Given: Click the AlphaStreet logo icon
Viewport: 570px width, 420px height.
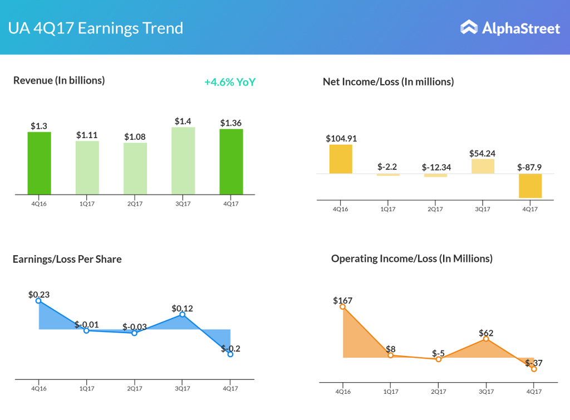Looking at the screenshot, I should point(469,27).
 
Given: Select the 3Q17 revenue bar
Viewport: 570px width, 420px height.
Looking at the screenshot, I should point(183,161).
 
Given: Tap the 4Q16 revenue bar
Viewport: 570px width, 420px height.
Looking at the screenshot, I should point(39,163).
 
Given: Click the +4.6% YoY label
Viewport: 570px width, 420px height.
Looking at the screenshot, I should point(230,82).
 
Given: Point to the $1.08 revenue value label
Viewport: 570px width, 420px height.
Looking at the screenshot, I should point(135,136).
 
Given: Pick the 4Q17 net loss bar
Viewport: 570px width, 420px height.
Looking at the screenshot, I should point(530,185).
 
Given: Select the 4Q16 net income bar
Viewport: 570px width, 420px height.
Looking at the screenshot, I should point(341,159).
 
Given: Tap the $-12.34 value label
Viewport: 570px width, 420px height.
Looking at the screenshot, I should point(435,167).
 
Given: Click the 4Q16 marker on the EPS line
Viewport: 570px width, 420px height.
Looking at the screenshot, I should point(38,301).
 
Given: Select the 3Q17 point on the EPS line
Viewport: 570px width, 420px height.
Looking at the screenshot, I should point(183,315).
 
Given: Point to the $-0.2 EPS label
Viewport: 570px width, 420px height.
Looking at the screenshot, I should point(230,349).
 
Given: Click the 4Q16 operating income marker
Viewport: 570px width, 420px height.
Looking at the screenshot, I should point(342,306).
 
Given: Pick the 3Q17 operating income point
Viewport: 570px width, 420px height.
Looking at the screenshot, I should point(486,339).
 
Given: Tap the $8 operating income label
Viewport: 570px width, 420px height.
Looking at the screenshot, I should point(391,349).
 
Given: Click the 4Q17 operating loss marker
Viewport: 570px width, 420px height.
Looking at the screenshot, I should point(534,369).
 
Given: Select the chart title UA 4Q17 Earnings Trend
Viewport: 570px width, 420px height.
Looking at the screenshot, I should point(96,28).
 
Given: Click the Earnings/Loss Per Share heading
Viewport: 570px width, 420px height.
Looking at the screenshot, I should point(67,259).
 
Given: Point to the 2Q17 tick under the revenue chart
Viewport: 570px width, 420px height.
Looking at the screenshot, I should point(135,204).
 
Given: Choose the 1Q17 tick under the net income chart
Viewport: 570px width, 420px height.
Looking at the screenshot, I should point(387,209).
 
